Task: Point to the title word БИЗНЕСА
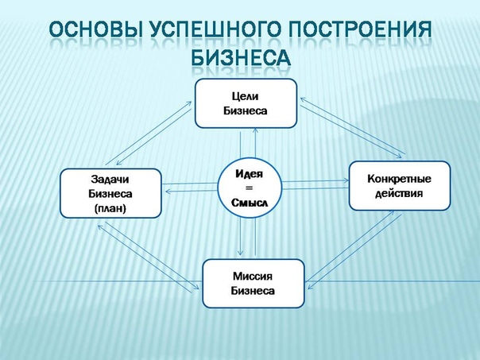coord(241,57)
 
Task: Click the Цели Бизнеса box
coord(246,103)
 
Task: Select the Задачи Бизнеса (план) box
coord(110,193)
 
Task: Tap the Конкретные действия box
coord(400,186)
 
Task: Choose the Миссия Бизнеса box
coord(254,284)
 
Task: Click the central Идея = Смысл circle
coord(250,188)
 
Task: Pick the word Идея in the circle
coord(250,174)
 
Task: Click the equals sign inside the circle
coord(250,188)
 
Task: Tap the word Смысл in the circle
coord(250,203)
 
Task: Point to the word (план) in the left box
coord(110,208)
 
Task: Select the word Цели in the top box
coord(246,96)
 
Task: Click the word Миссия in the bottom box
coord(253,276)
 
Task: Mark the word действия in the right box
coord(399,193)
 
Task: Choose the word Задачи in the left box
coord(110,179)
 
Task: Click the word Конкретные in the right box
coord(399,179)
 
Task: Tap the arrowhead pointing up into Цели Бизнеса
coord(255,130)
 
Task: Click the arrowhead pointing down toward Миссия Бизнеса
coord(240,252)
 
